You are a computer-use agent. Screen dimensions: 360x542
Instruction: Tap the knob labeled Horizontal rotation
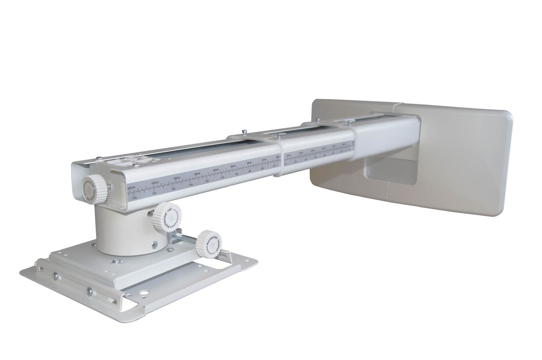210,244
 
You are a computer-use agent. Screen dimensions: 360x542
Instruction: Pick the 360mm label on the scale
177,178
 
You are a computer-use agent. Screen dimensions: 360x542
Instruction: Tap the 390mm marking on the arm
197,174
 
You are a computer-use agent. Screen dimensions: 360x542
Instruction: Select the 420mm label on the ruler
216,170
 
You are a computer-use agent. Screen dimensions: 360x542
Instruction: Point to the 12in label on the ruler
134,197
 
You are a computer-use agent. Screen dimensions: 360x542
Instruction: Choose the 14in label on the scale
174,189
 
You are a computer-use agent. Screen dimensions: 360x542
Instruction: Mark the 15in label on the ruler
191,185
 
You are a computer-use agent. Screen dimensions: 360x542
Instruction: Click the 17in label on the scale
223,178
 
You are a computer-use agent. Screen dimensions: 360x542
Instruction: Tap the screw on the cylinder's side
155,243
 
